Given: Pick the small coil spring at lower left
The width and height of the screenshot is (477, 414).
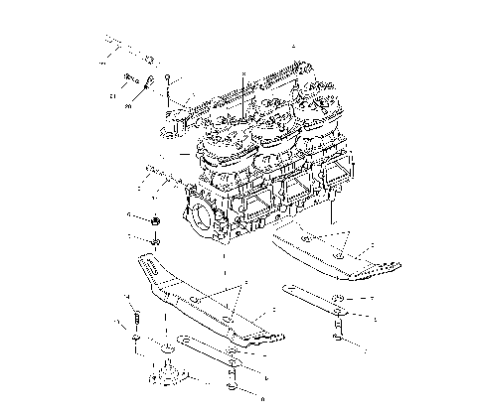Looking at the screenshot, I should (x=136, y=319).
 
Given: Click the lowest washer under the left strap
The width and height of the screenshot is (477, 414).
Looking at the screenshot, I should (x=235, y=389).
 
